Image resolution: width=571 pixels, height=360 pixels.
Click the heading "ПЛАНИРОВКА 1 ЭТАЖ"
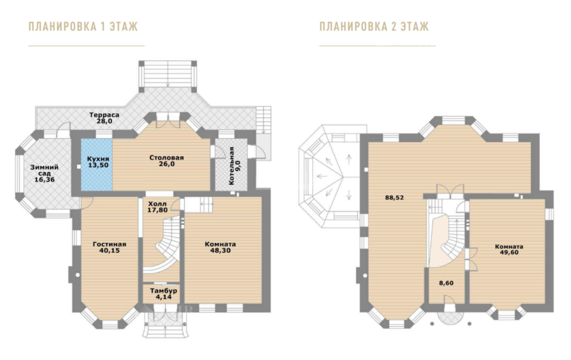[83, 27]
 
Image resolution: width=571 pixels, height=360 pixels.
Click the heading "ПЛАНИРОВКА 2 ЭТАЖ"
[374, 27]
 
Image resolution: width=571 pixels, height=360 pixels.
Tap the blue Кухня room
[96, 164]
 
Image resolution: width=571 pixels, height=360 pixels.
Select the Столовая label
[166, 157]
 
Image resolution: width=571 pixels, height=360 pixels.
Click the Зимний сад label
[45, 171]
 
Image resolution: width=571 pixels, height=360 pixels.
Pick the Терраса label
[104, 115]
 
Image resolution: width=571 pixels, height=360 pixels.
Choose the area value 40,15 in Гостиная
[109, 250]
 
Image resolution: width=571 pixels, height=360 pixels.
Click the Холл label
[158, 204]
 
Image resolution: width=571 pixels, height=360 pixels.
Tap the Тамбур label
[163, 291]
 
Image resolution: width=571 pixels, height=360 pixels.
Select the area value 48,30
[220, 250]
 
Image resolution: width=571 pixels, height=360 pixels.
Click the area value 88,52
[395, 197]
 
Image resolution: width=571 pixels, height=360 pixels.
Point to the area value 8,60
[446, 283]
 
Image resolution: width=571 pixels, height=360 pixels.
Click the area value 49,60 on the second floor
[509, 252]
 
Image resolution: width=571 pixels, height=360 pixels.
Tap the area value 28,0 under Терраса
[104, 121]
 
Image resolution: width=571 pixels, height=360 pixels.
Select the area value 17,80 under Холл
[158, 210]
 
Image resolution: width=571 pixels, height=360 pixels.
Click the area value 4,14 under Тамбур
[163, 297]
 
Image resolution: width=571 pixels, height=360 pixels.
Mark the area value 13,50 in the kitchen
[98, 165]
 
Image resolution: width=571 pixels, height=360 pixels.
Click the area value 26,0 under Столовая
[166, 164]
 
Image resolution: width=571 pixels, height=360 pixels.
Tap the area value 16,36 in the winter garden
[45, 180]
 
